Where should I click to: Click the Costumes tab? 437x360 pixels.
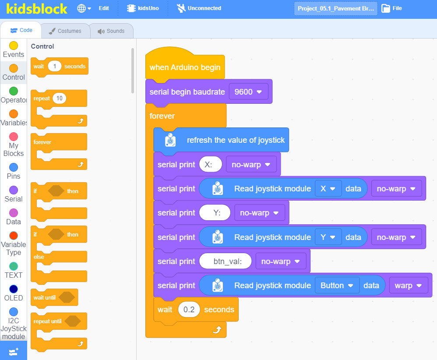point(66,31)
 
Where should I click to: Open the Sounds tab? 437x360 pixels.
point(112,31)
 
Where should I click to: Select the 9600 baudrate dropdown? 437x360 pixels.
point(248,92)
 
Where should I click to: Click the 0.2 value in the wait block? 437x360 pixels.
point(189,310)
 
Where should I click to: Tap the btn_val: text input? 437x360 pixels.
point(226,261)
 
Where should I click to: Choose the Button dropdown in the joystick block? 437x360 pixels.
point(337,286)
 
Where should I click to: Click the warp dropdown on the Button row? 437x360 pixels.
point(408,286)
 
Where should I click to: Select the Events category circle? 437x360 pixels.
point(14,46)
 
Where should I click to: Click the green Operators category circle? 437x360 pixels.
point(14,91)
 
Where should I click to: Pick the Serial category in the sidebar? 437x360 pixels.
point(14,194)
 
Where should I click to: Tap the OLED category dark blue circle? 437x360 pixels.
point(14,289)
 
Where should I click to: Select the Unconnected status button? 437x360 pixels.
point(199,8)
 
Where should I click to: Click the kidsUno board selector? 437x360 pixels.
point(143,8)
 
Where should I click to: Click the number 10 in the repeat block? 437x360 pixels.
point(60,98)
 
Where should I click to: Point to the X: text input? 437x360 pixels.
point(211,165)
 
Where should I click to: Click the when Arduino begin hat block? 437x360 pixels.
point(185,66)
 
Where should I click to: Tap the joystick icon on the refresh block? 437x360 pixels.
point(170,140)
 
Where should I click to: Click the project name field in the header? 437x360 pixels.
point(335,8)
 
